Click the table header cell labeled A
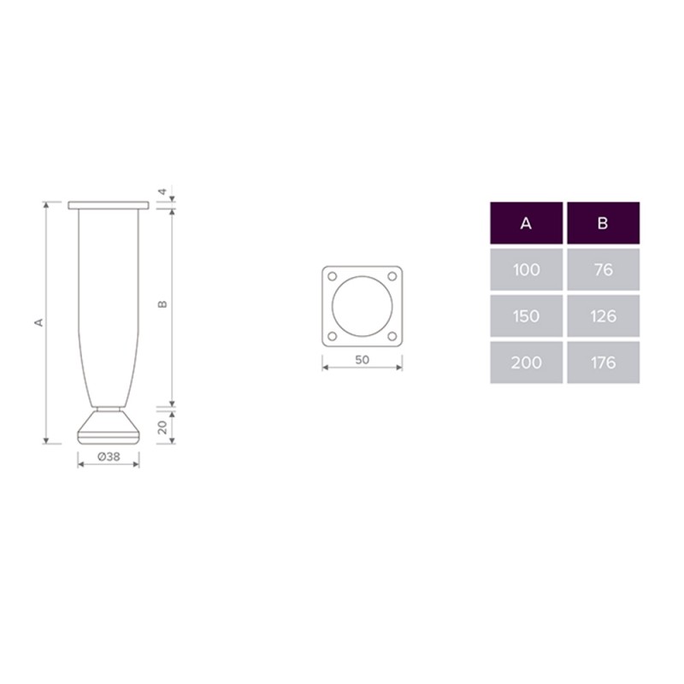point(526,223)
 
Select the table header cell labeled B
point(604,223)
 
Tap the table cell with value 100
point(526,269)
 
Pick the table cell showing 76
point(604,269)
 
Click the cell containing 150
point(526,315)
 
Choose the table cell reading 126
point(604,315)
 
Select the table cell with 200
point(526,363)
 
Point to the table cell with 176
point(604,363)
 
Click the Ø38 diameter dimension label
point(109,457)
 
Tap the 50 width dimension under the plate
point(362,360)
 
